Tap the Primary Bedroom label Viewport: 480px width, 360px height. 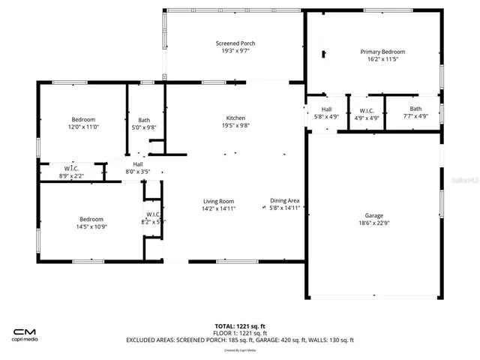point(382,52)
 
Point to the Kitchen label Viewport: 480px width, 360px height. point(236,118)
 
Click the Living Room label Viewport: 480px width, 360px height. point(219,201)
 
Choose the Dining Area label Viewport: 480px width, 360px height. point(285,201)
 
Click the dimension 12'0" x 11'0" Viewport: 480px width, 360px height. point(83,127)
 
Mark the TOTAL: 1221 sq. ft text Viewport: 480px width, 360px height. point(239,326)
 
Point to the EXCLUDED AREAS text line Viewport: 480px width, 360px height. point(239,340)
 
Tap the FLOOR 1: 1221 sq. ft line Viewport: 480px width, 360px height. point(239,333)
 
